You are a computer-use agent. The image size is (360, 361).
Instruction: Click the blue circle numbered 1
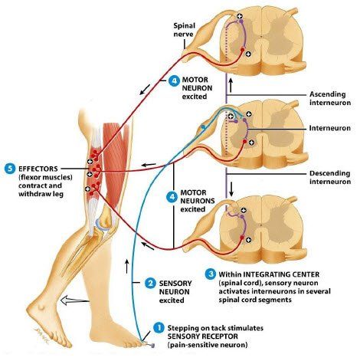(x=159, y=327)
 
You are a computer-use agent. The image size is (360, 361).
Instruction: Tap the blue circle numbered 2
(x=150, y=283)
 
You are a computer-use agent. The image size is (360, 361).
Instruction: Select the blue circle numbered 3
(x=211, y=274)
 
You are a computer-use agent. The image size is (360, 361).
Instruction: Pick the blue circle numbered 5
(x=10, y=169)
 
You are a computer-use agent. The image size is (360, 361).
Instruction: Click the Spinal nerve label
(x=184, y=30)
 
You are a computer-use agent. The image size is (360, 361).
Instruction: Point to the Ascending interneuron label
(x=330, y=98)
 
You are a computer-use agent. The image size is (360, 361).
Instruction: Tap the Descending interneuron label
(x=330, y=177)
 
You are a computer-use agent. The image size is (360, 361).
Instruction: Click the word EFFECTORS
(x=38, y=169)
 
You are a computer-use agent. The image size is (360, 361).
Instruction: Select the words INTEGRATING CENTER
(x=281, y=274)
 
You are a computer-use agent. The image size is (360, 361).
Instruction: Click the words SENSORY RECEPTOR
(x=202, y=336)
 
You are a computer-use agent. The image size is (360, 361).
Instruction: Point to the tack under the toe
(x=151, y=345)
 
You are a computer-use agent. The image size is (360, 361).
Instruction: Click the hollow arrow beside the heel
(x=74, y=300)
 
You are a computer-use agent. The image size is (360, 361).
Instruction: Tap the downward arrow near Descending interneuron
(x=231, y=189)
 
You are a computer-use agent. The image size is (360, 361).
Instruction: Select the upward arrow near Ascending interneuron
(x=231, y=85)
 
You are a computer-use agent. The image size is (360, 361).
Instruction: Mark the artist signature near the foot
(x=41, y=335)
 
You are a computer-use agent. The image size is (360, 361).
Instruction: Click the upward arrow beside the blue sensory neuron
(x=127, y=266)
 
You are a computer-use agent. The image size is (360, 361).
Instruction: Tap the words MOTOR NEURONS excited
(x=198, y=201)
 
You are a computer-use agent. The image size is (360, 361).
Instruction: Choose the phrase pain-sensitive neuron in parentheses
(x=208, y=345)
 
